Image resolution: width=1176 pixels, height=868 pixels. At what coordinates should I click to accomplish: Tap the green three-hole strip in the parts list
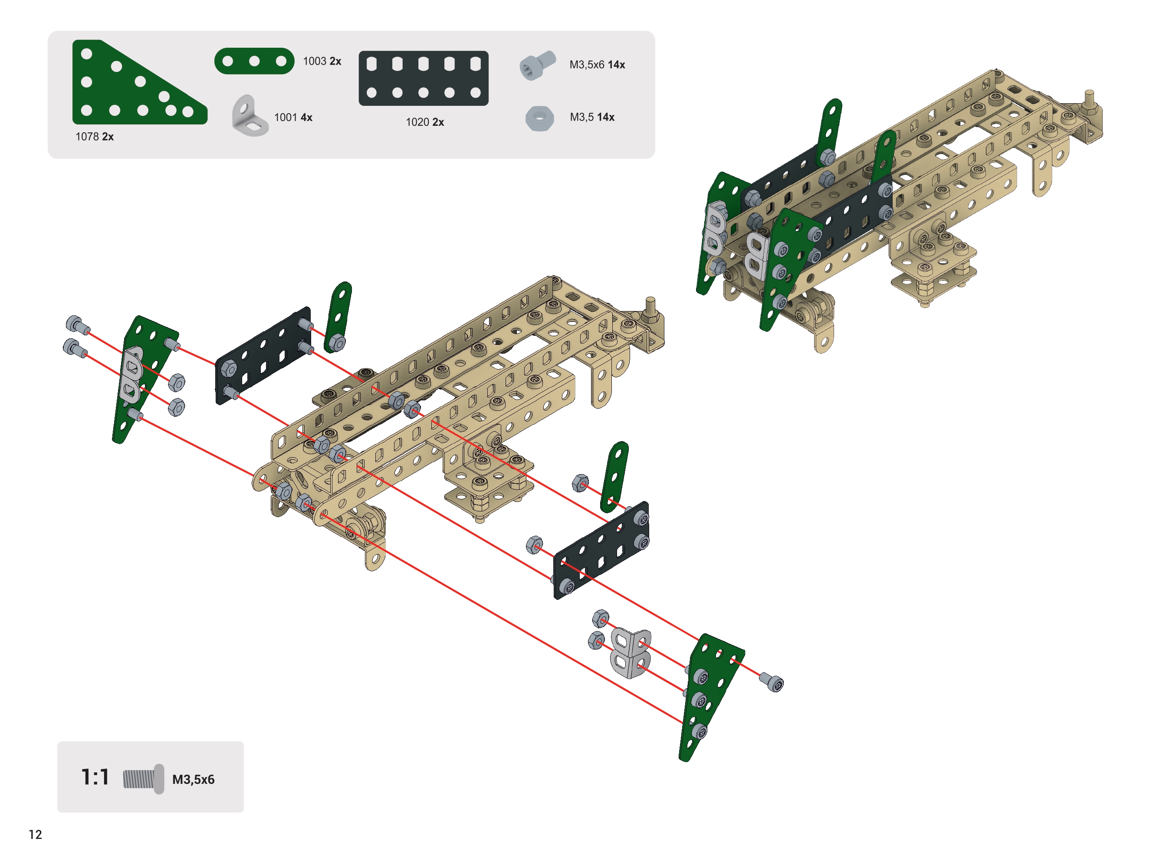(x=254, y=61)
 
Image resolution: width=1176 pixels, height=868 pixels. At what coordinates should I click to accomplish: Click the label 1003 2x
(x=322, y=62)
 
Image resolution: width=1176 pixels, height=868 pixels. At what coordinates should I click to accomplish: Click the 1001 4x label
(x=292, y=117)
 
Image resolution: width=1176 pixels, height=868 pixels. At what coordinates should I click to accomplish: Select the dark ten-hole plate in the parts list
(x=423, y=78)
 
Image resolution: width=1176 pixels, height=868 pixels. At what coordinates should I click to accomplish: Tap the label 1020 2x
(x=424, y=122)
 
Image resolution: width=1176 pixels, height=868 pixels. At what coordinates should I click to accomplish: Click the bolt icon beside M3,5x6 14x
(x=537, y=65)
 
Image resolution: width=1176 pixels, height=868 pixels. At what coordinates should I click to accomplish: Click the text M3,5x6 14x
(x=597, y=65)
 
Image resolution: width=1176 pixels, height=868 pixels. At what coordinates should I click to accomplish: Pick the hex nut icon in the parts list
(x=539, y=118)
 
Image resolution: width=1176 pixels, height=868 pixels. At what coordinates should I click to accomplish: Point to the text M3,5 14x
(x=591, y=117)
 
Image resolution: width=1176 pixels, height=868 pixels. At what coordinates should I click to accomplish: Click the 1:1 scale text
(x=95, y=777)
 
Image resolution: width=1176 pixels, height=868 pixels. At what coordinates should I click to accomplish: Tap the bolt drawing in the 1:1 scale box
(x=143, y=779)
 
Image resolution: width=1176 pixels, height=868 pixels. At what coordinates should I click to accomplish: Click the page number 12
(x=35, y=834)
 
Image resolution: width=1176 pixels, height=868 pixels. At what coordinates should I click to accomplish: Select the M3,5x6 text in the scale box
(x=194, y=779)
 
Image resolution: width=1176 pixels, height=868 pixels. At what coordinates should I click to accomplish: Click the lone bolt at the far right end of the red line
(x=772, y=682)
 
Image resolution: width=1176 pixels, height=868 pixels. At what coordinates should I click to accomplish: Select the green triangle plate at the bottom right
(x=710, y=694)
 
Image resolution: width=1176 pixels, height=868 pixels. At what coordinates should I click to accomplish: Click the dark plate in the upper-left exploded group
(x=263, y=355)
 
